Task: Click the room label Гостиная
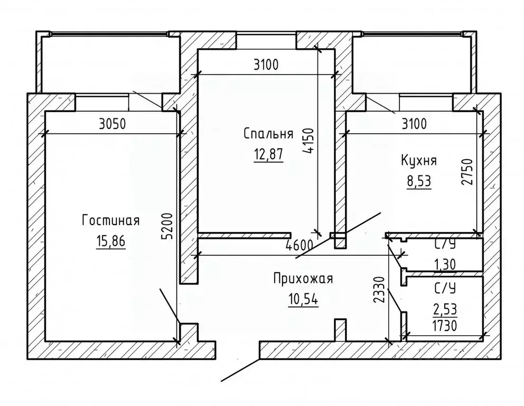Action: click(110, 220)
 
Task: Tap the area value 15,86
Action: click(110, 242)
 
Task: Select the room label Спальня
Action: click(268, 133)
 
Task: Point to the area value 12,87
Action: click(268, 154)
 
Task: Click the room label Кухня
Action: click(419, 161)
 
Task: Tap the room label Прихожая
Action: click(303, 279)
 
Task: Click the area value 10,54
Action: click(303, 300)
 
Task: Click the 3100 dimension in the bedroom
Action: click(266, 66)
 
